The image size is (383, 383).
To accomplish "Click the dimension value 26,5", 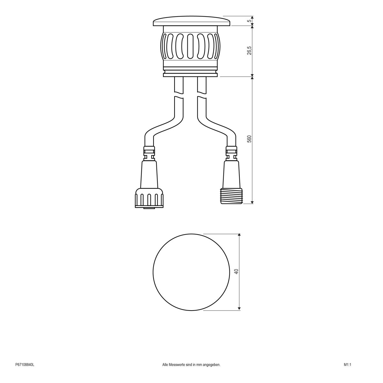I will coord(249,50).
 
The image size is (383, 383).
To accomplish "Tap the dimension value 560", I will coord(249,139).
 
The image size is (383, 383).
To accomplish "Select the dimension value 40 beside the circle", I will coord(236,272).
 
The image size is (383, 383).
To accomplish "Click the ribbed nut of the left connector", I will coord(149,199).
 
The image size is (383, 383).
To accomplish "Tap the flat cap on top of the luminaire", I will coord(191,22).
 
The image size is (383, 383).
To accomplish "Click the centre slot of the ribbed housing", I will coord(191,46).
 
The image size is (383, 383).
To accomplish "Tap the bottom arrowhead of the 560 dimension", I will coord(252,201).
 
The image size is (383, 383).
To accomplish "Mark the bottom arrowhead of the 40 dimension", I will coord(239,308).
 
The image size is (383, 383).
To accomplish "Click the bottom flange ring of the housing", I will coord(191,74).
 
